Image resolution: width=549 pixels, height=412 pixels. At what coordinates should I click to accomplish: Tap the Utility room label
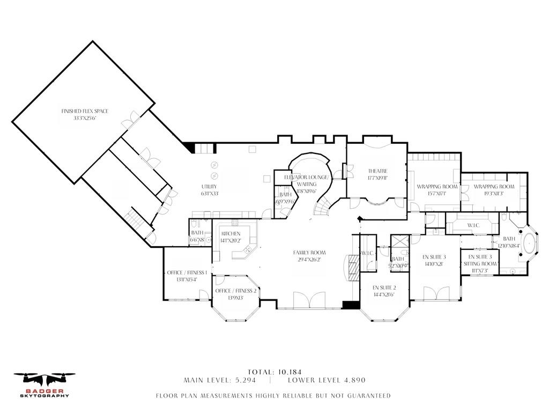pyautogui.click(x=210, y=190)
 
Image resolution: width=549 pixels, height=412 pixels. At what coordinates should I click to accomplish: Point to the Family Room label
pyautogui.click(x=309, y=255)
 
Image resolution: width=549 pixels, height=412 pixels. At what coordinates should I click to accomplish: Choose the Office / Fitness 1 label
pyautogui.click(x=187, y=276)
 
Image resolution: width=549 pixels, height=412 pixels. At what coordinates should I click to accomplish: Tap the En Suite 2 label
pyautogui.click(x=384, y=291)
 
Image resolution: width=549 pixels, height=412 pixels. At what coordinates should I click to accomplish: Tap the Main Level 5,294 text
pyautogui.click(x=220, y=380)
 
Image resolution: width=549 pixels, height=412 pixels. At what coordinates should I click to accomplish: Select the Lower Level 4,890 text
pyautogui.click(x=326, y=380)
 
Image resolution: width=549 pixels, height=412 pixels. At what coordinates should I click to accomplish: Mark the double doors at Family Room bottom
pyautogui.click(x=309, y=299)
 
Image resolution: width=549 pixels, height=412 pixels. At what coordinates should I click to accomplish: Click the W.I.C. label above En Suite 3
pyautogui.click(x=472, y=225)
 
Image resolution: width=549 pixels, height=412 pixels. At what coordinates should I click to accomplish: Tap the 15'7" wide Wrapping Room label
pyautogui.click(x=437, y=190)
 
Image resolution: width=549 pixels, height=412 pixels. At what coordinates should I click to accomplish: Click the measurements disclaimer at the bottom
pyautogui.click(x=273, y=396)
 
